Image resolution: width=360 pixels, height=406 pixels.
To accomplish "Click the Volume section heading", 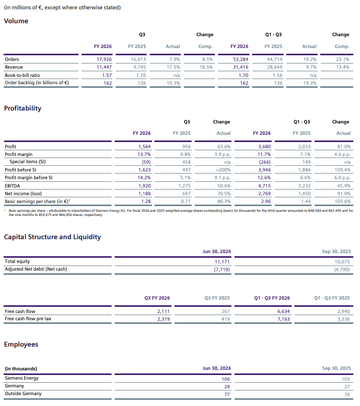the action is (16, 21).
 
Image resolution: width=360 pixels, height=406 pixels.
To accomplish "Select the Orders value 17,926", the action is (104, 59).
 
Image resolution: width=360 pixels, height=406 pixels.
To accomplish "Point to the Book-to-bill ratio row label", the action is (22, 75).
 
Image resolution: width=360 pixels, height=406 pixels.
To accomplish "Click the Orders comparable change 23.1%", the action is (342, 59).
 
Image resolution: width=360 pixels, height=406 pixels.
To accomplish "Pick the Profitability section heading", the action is (23, 108).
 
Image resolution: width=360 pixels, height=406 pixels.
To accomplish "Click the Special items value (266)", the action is (264, 162).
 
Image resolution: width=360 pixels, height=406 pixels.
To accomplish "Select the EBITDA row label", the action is (12, 185).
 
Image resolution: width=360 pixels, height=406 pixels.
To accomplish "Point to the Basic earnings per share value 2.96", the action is (265, 201).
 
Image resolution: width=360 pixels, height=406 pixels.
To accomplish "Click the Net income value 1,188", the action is (145, 193).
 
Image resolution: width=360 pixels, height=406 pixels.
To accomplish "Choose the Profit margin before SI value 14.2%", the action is (144, 178).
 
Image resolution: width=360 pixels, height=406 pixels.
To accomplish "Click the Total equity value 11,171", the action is (222, 262).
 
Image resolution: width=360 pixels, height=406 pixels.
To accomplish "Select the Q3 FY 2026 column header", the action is (157, 298).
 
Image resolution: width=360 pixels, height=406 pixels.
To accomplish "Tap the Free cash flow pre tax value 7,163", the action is (284, 319).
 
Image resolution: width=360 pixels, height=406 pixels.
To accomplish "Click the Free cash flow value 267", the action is (226, 311).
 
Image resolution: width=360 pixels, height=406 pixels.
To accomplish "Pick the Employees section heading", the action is (21, 345).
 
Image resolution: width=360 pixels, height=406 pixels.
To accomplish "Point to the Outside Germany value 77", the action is (227, 394).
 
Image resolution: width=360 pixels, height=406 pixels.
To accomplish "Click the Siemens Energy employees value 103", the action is (346, 379).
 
